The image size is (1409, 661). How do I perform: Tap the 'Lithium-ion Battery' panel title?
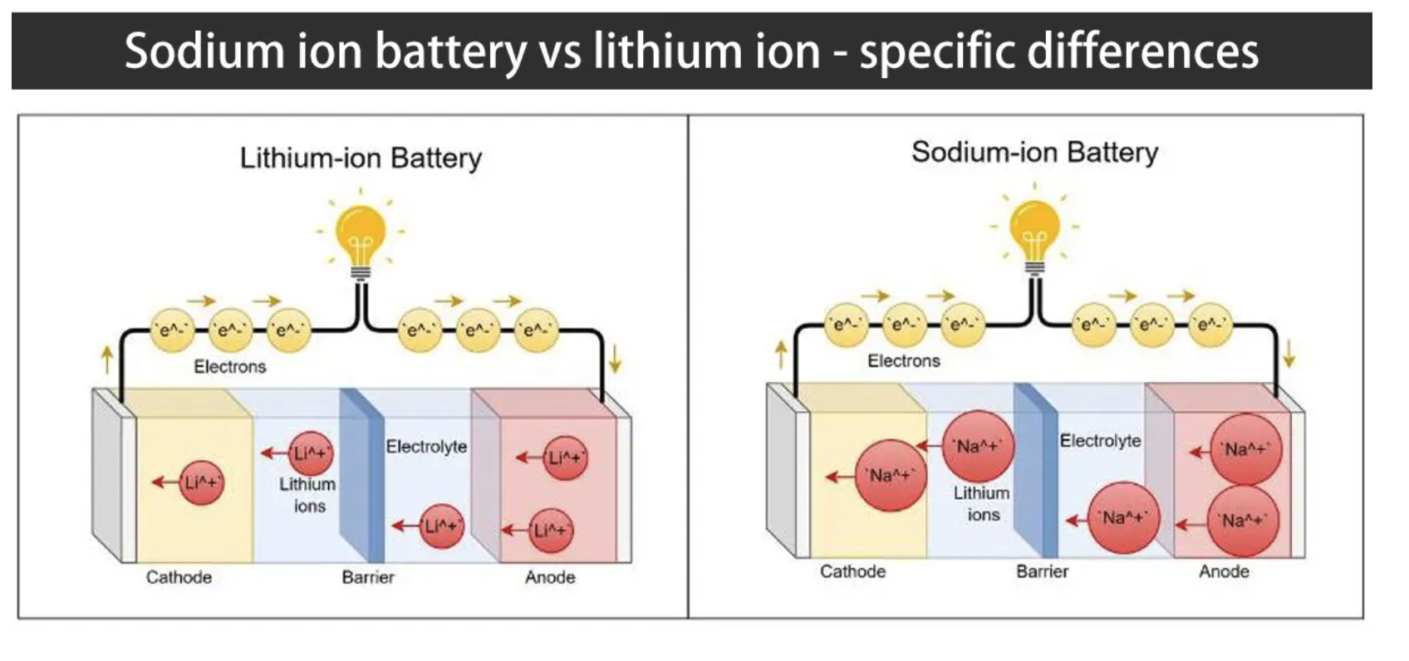pyautogui.click(x=361, y=158)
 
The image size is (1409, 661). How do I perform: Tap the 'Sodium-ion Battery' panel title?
pyautogui.click(x=1034, y=152)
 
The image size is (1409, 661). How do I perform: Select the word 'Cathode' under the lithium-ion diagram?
pyautogui.click(x=179, y=577)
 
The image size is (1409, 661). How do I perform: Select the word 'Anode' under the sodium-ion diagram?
pyautogui.click(x=1224, y=571)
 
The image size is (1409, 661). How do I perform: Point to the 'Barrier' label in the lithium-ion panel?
pyautogui.click(x=368, y=577)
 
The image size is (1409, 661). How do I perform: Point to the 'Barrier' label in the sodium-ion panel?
pyautogui.click(x=1042, y=571)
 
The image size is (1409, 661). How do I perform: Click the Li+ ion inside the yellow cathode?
pyautogui.click(x=201, y=482)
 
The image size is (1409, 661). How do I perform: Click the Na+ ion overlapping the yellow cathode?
pyautogui.click(x=891, y=476)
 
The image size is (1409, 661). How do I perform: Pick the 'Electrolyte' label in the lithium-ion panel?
pyautogui.click(x=426, y=447)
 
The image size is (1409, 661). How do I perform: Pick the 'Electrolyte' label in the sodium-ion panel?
pyautogui.click(x=1100, y=441)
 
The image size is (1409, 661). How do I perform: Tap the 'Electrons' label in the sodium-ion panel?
pyautogui.click(x=904, y=361)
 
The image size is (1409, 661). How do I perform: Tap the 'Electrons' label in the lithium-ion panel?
pyautogui.click(x=230, y=366)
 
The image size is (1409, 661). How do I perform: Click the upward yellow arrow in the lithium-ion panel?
pyautogui.click(x=106, y=360)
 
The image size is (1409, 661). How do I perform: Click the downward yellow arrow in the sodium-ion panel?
pyautogui.click(x=1289, y=355)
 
